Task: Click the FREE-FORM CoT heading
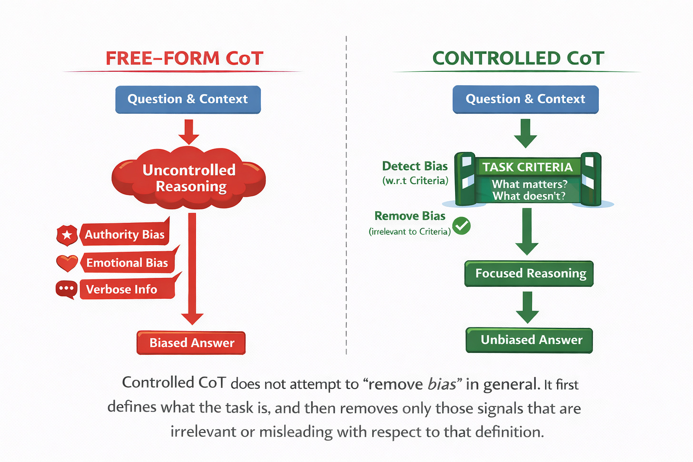(x=184, y=59)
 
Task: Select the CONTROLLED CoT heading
(x=518, y=59)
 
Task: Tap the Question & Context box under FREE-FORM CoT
(x=188, y=99)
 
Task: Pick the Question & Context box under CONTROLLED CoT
(x=525, y=99)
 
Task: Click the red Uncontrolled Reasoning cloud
(x=188, y=178)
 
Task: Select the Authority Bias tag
(x=125, y=234)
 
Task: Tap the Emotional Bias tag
(x=127, y=263)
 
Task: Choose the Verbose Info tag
(x=122, y=289)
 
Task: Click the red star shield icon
(x=67, y=235)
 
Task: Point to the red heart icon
(x=67, y=263)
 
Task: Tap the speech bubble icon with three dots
(x=67, y=289)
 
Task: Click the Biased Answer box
(x=191, y=343)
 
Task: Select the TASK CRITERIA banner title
(x=527, y=167)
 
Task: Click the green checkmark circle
(x=461, y=226)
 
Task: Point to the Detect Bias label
(x=415, y=166)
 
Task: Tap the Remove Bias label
(x=410, y=216)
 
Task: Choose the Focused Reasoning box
(x=529, y=274)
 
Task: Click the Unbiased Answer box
(x=529, y=340)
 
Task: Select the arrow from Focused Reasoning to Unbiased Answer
(x=527, y=307)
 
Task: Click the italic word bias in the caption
(x=442, y=384)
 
